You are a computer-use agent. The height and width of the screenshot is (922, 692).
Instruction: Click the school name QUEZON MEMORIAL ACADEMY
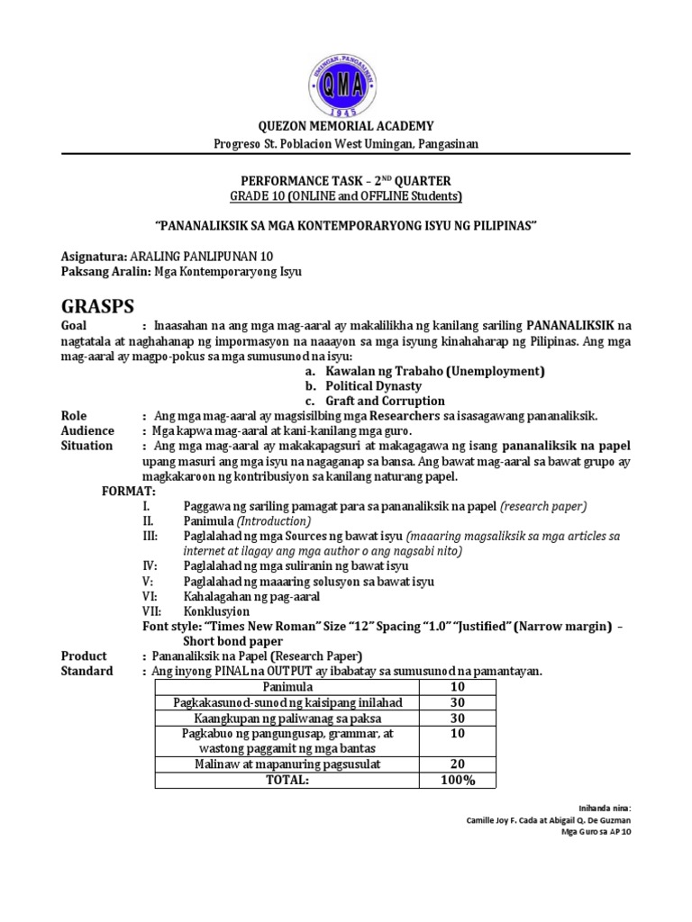[x=346, y=126]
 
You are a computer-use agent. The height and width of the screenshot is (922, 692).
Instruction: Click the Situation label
[x=86, y=446]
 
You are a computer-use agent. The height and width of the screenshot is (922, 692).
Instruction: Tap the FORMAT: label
[x=127, y=492]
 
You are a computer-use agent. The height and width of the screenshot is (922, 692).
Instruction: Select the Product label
[x=83, y=655]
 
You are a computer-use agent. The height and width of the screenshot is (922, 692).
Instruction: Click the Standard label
[x=86, y=671]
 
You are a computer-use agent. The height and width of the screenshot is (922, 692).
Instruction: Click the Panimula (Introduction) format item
[x=248, y=521]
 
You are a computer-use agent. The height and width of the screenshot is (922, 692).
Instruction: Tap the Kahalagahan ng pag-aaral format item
[x=251, y=596]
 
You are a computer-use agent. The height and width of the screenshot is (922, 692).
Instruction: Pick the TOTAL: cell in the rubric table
[x=287, y=780]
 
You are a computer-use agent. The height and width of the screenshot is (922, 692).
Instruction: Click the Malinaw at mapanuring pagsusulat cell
[x=287, y=764]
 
